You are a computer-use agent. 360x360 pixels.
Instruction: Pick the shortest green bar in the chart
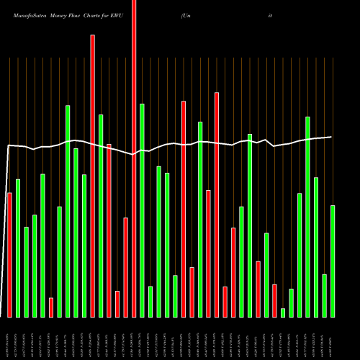coord(283,312)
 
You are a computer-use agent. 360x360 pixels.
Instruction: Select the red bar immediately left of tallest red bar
coord(125,267)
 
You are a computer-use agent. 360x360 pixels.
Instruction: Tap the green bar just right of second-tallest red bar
coord(101,215)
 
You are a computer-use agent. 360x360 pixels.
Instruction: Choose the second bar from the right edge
coord(324,295)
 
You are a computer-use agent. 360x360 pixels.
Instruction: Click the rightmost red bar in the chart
coord(274,300)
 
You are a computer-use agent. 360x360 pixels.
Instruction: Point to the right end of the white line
coord(331,137)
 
